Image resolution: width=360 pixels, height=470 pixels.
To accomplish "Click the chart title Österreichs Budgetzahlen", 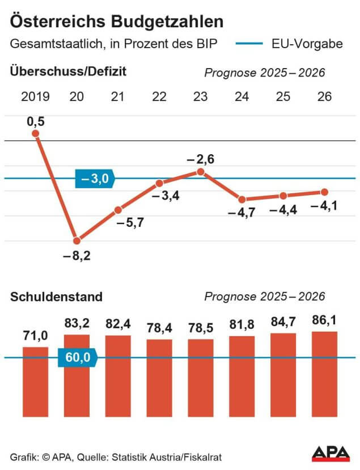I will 117,22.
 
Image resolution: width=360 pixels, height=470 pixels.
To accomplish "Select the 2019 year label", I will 35,96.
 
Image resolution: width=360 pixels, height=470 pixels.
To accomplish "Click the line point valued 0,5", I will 36,134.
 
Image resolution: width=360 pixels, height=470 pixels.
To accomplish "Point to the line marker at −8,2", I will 77,240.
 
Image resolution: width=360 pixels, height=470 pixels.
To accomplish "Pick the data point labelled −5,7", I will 118,210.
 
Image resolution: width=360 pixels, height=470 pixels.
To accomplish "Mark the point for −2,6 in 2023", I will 200,171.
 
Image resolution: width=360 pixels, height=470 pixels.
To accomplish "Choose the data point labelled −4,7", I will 242,199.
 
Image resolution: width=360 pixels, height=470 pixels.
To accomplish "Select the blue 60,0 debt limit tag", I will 78,358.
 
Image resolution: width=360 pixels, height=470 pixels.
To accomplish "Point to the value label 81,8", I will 242,325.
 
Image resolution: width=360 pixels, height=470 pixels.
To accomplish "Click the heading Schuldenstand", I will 56,297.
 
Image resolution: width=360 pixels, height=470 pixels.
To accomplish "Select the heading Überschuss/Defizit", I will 67,71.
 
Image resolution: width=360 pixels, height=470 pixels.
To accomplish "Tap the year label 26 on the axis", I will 325,96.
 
